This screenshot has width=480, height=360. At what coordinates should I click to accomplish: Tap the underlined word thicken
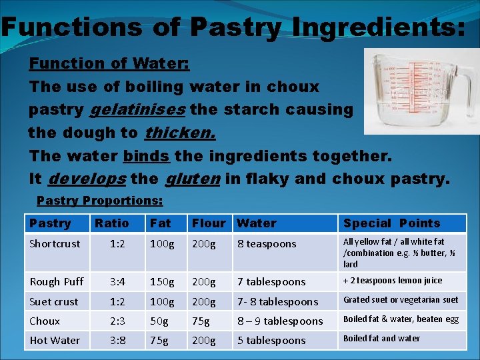180,133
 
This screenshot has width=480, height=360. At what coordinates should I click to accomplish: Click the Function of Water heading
109,64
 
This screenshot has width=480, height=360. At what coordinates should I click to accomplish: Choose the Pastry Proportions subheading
99,200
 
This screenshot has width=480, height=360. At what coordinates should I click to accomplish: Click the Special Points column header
391,223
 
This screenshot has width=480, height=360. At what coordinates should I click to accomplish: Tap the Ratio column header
112,223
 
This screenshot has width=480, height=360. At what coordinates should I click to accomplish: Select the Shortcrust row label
55,244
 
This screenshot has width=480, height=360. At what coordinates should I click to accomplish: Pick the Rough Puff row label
57,282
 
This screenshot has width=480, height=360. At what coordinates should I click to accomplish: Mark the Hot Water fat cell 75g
160,340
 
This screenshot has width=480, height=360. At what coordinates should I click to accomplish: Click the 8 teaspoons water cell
267,244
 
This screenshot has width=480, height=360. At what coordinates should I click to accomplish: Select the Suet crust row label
54,301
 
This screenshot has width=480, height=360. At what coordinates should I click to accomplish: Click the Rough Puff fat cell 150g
163,282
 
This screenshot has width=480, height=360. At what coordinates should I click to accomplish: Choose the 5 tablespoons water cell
271,340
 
